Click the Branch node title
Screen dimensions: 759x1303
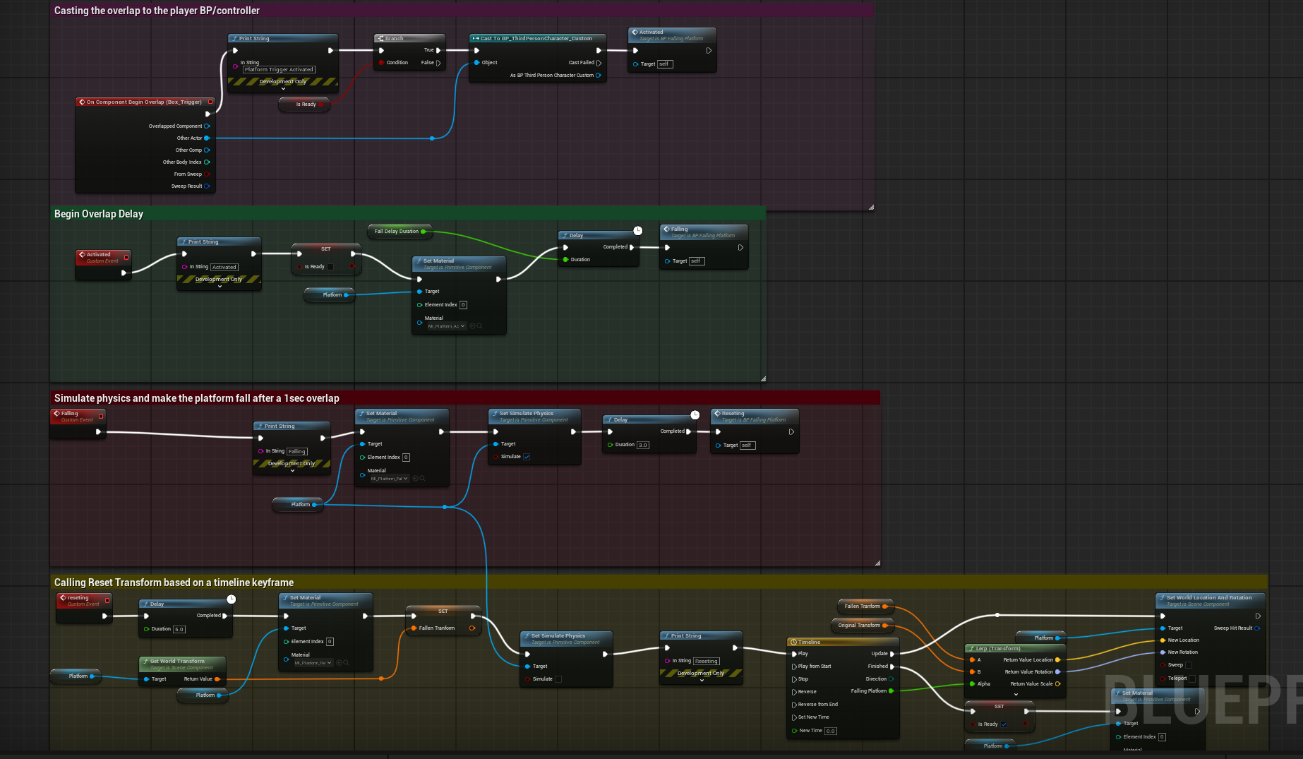[395, 38]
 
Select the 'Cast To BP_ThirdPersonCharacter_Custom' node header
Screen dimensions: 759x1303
[536, 38]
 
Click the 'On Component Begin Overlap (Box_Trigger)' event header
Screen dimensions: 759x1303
[144, 102]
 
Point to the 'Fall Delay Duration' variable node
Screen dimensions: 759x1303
[397, 231]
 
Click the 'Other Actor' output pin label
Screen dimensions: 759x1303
[189, 138]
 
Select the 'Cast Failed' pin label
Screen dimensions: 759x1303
[582, 63]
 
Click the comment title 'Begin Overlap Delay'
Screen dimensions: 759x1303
[99, 214]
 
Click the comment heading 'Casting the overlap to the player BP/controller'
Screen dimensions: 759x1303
[157, 11]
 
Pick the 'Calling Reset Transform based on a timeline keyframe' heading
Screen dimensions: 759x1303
[174, 582]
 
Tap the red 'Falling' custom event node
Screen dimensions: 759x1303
[77, 416]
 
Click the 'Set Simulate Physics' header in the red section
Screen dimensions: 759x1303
[527, 414]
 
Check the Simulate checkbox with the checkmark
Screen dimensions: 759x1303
[527, 457]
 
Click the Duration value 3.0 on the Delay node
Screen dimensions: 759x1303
[642, 446]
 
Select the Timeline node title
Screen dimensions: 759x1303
[809, 642]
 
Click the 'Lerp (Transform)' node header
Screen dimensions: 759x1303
[997, 648]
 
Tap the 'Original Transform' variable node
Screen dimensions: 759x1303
[859, 625]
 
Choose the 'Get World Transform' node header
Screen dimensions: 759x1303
[177, 662]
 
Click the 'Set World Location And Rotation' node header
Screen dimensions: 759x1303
[1208, 597]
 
